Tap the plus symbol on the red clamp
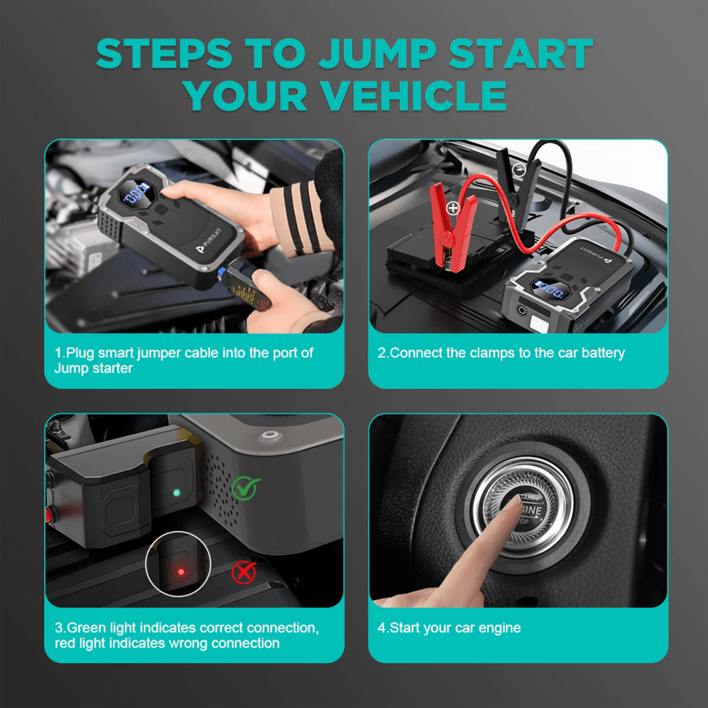click(452, 208)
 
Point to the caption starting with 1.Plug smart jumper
click(183, 360)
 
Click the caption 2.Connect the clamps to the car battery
click(500, 353)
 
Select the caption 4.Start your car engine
click(449, 628)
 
